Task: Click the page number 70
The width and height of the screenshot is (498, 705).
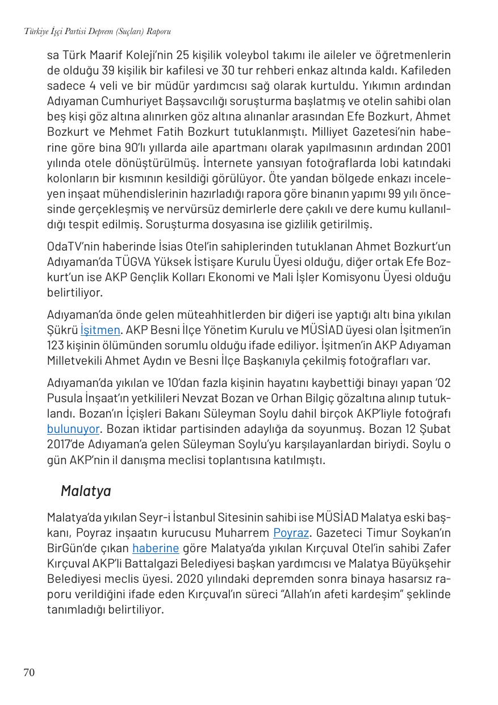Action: point(29,673)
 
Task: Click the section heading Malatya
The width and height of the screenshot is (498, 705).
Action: point(86,491)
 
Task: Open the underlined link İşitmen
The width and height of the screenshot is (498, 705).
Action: point(100,330)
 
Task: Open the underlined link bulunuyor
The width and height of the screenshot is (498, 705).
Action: point(73,429)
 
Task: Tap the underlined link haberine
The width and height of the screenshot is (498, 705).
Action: point(156,548)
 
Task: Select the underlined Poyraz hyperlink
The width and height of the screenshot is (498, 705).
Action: point(291,533)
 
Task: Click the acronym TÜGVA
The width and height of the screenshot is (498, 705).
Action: point(135,262)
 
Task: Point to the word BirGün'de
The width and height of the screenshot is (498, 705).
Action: point(72,548)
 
